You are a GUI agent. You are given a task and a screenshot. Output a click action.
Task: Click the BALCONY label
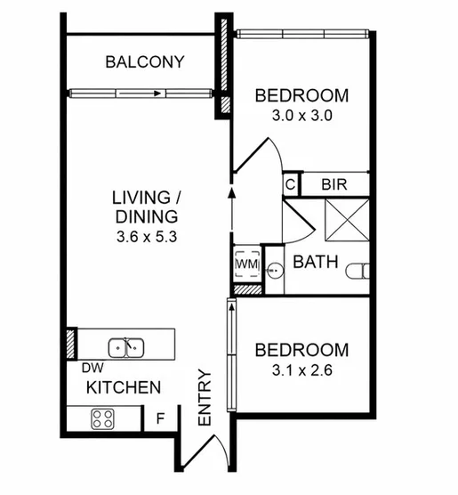point(145,62)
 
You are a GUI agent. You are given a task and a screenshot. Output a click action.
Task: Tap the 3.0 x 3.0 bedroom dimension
point(302,116)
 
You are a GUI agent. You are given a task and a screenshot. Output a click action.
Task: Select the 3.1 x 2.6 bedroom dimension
point(302,370)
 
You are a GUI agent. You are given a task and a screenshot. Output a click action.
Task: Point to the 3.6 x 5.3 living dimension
point(147,237)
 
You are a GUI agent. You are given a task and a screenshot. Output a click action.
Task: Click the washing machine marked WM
point(247,264)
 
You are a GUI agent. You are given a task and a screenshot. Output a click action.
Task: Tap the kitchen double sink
point(126,348)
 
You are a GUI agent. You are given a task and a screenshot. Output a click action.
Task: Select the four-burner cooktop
point(102,419)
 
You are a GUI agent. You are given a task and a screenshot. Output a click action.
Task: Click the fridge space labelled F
point(161,418)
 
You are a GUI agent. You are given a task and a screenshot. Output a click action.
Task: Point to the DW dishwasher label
point(92,368)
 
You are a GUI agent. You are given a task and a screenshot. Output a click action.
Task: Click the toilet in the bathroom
point(358,272)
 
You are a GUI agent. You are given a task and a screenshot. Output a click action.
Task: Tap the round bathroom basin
point(275,271)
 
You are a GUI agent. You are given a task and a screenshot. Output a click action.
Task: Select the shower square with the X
point(347,220)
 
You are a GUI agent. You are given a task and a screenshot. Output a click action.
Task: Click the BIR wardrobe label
point(334,184)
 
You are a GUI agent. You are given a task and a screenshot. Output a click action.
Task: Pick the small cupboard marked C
point(290,184)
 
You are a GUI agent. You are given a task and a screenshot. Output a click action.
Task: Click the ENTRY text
point(205,398)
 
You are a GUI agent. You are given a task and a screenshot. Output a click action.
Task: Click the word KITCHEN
point(124,387)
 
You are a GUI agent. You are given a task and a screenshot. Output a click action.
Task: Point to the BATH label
point(316,262)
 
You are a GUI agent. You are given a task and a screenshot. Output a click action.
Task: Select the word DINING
point(147,217)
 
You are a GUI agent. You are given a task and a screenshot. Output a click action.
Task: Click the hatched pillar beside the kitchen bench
point(71,344)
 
